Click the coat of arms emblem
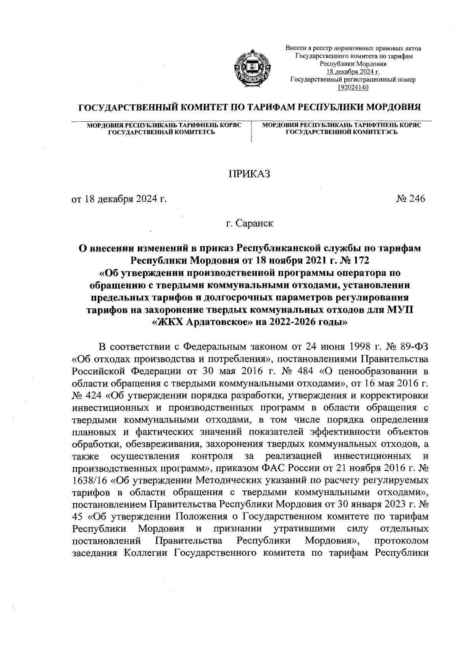[x=250, y=69]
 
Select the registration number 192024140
[x=353, y=87]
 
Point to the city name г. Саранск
[x=249, y=223]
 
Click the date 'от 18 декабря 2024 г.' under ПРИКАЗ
[x=119, y=199]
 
